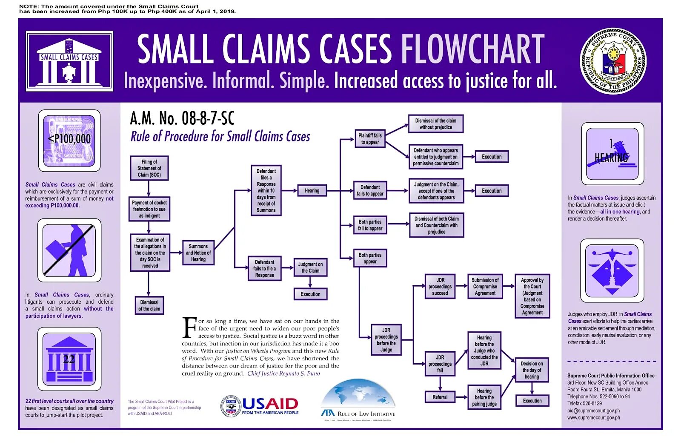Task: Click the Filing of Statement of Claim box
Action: [x=149, y=168]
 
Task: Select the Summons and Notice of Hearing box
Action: [x=198, y=253]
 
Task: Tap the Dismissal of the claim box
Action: [x=149, y=305]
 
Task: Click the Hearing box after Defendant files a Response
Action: [x=312, y=191]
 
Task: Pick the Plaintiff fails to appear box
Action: [x=370, y=139]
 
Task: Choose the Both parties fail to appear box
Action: [x=370, y=225]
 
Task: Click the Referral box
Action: [x=440, y=397]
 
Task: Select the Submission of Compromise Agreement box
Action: [x=485, y=287]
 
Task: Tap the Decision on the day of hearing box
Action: [x=532, y=370]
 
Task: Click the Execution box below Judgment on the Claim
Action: [x=310, y=294]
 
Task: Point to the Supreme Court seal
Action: [x=613, y=61]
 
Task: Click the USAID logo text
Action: [x=270, y=404]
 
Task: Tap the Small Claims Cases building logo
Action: [x=69, y=61]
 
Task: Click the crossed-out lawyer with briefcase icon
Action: [x=69, y=250]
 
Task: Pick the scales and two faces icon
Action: [x=612, y=270]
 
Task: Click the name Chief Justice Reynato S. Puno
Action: [x=283, y=373]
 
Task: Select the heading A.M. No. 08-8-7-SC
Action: [x=182, y=118]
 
